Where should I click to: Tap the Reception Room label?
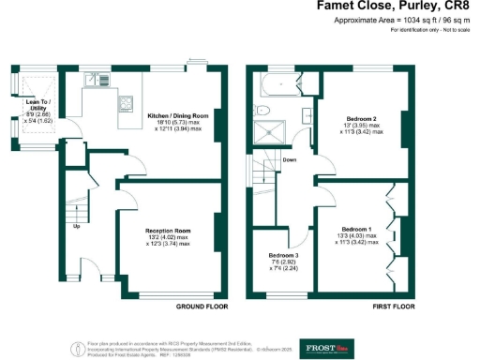(x=168, y=230)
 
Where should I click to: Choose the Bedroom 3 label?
(x=283, y=256)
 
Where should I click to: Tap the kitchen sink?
(x=94, y=80)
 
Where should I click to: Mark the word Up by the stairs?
(x=77, y=226)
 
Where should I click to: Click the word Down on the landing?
(x=291, y=160)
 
